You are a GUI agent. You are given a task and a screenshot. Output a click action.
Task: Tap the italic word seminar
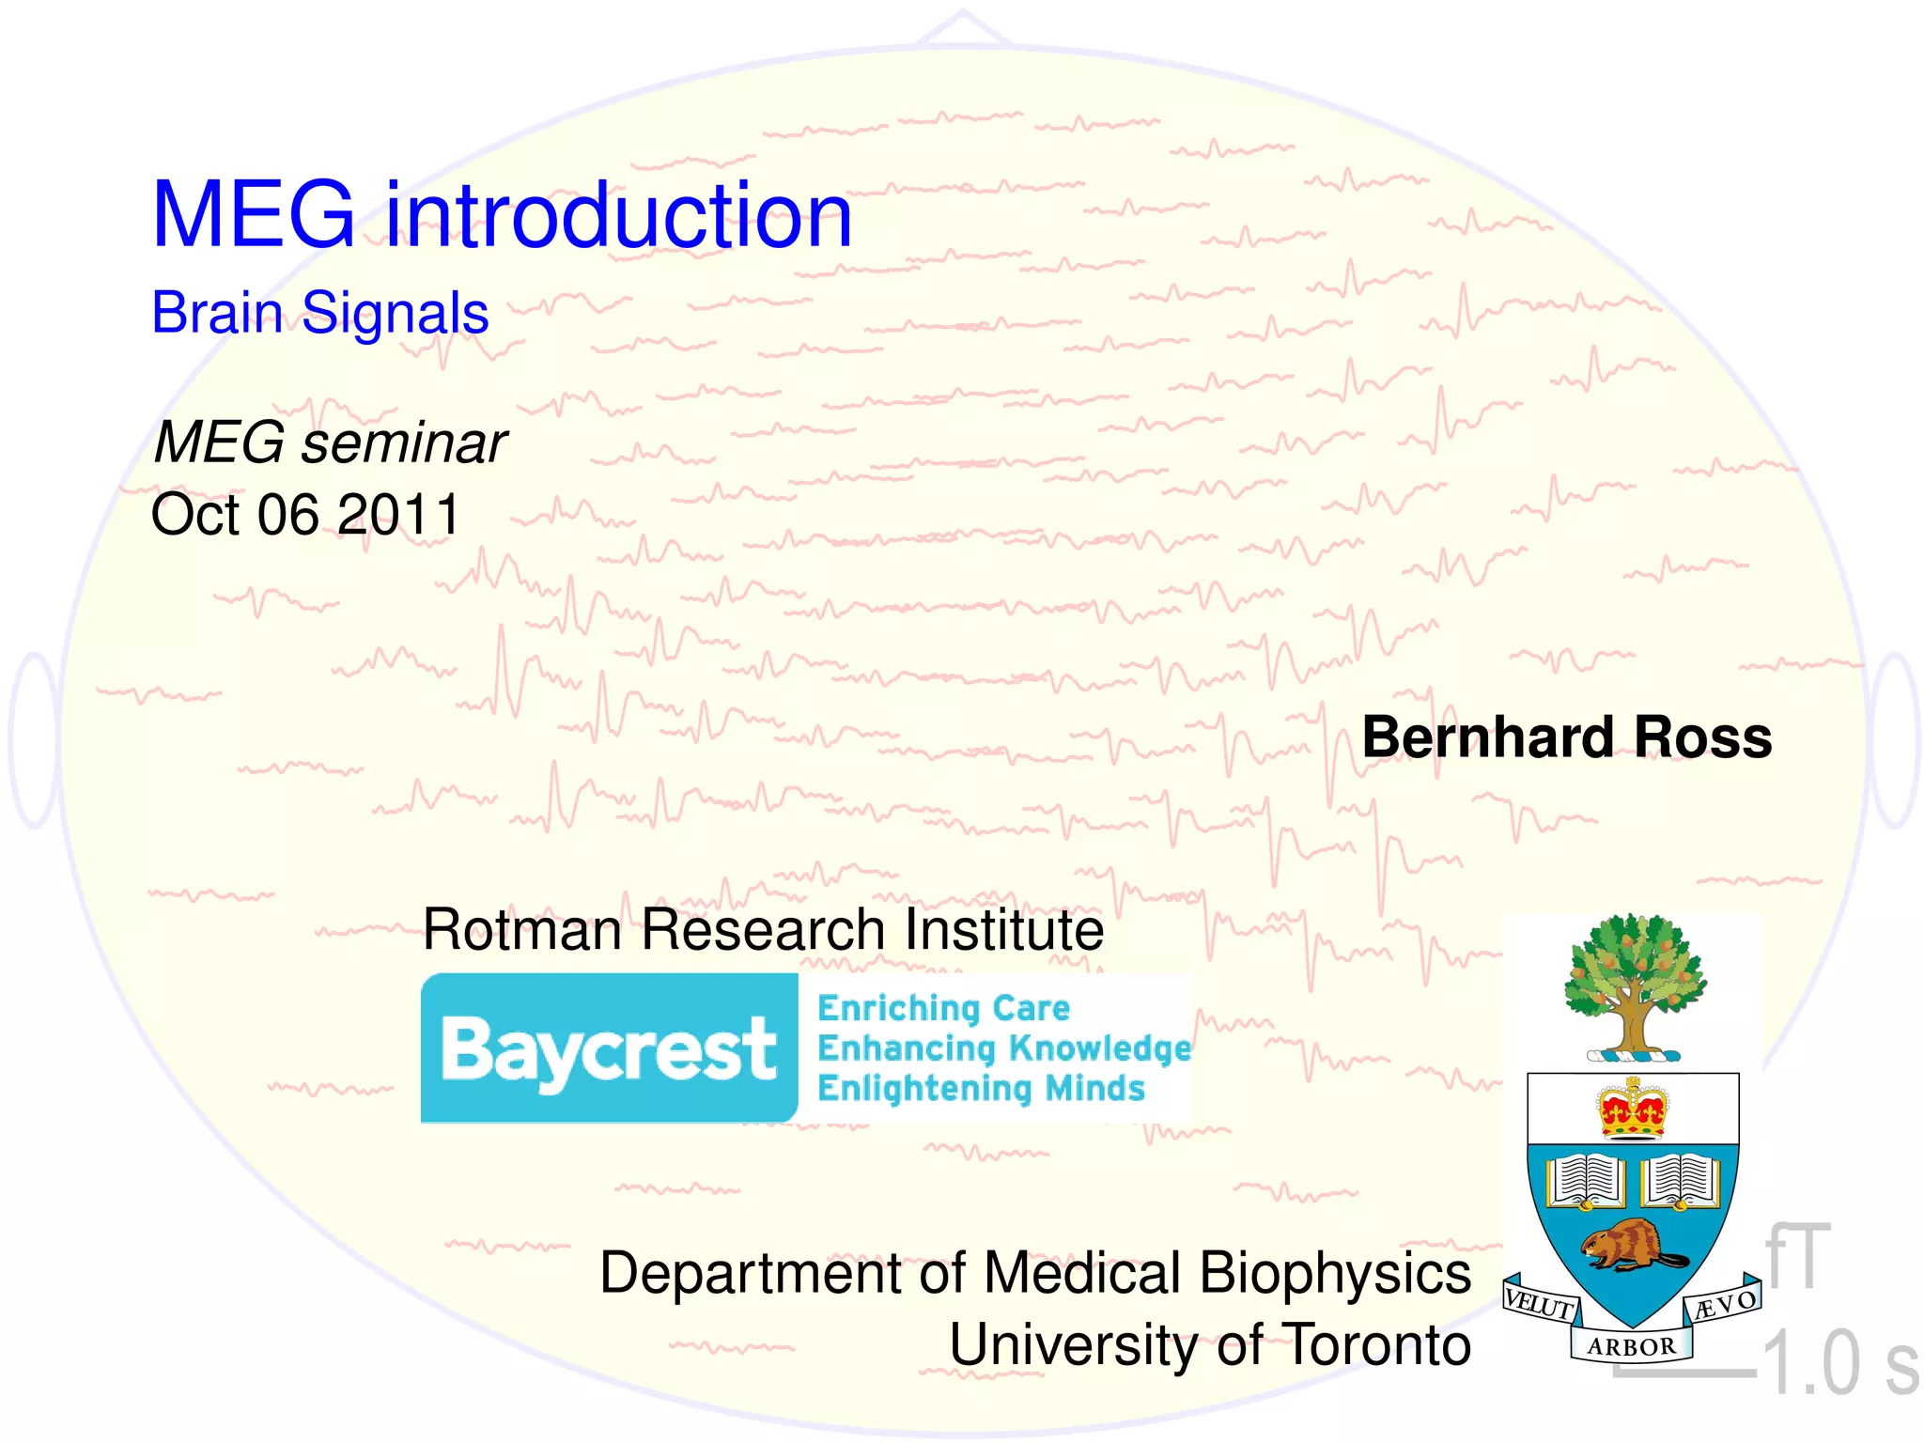coord(403,442)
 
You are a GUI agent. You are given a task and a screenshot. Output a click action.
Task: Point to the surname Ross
coord(1702,737)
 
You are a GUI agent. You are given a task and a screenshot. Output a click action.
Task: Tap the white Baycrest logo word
coord(609,1050)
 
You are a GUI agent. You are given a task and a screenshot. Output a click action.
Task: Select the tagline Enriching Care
coord(943,1008)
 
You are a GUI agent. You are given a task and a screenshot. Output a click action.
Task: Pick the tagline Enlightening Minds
coord(981,1089)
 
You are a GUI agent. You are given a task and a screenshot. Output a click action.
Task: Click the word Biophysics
coord(1334,1275)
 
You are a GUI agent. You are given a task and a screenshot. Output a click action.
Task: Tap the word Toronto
coord(1376,1345)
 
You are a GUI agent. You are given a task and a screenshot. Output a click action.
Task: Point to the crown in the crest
coord(1633,1109)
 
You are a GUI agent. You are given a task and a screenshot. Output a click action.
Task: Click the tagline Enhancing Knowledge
coord(1003,1048)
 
